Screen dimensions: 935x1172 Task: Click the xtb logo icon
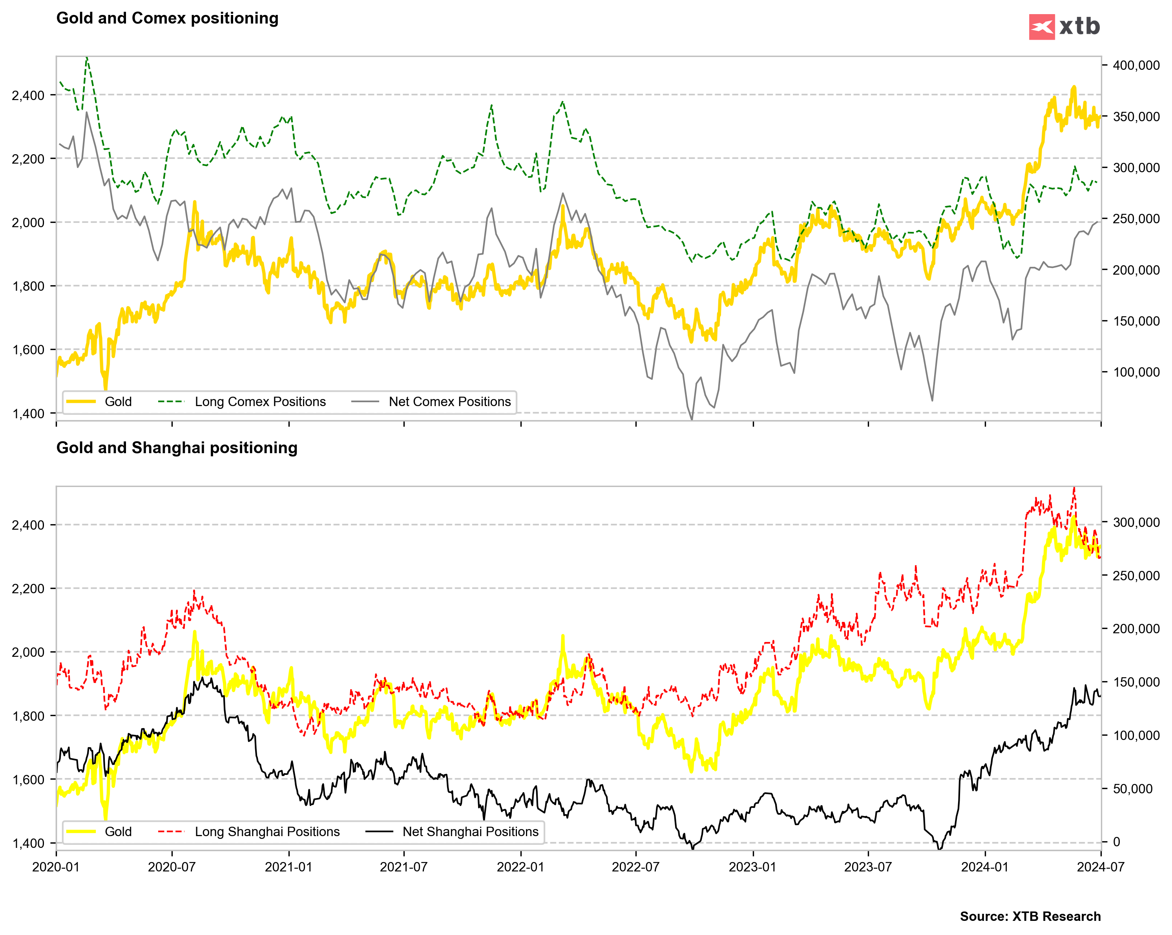(x=1042, y=27)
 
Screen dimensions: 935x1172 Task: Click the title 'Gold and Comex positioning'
(x=168, y=18)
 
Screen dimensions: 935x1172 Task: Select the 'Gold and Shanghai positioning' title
(x=177, y=448)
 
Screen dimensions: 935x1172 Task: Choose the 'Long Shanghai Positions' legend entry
(x=267, y=831)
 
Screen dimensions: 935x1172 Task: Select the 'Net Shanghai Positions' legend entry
(x=470, y=831)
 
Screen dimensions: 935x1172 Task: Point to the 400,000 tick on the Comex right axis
(x=1135, y=65)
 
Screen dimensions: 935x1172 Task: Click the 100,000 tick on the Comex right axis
(x=1135, y=372)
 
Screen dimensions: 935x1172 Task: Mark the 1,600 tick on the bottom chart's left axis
(x=28, y=780)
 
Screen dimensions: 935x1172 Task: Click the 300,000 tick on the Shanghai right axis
(x=1135, y=522)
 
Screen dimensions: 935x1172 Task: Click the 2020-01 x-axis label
(x=56, y=867)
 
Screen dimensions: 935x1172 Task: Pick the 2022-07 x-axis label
(x=635, y=867)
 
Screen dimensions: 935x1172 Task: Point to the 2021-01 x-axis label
(x=288, y=867)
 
